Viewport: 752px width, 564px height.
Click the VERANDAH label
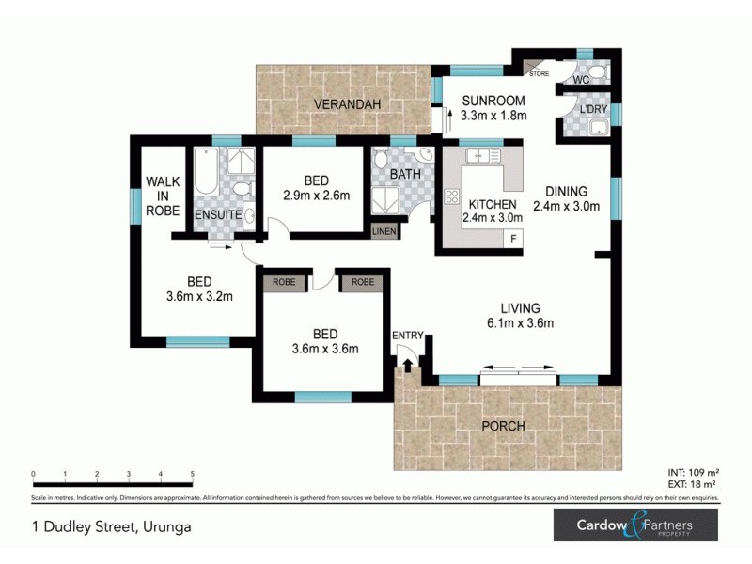348,104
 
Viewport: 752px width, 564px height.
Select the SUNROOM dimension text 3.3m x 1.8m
493,116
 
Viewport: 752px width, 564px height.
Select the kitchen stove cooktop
450,196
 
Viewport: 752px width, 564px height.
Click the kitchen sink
483,154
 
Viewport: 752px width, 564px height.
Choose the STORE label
539,73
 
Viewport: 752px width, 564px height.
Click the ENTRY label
408,337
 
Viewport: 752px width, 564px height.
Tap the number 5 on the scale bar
193,474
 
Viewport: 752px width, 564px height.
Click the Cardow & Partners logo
634,525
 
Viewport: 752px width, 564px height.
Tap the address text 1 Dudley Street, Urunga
111,526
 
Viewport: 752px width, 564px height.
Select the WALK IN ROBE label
162,196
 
